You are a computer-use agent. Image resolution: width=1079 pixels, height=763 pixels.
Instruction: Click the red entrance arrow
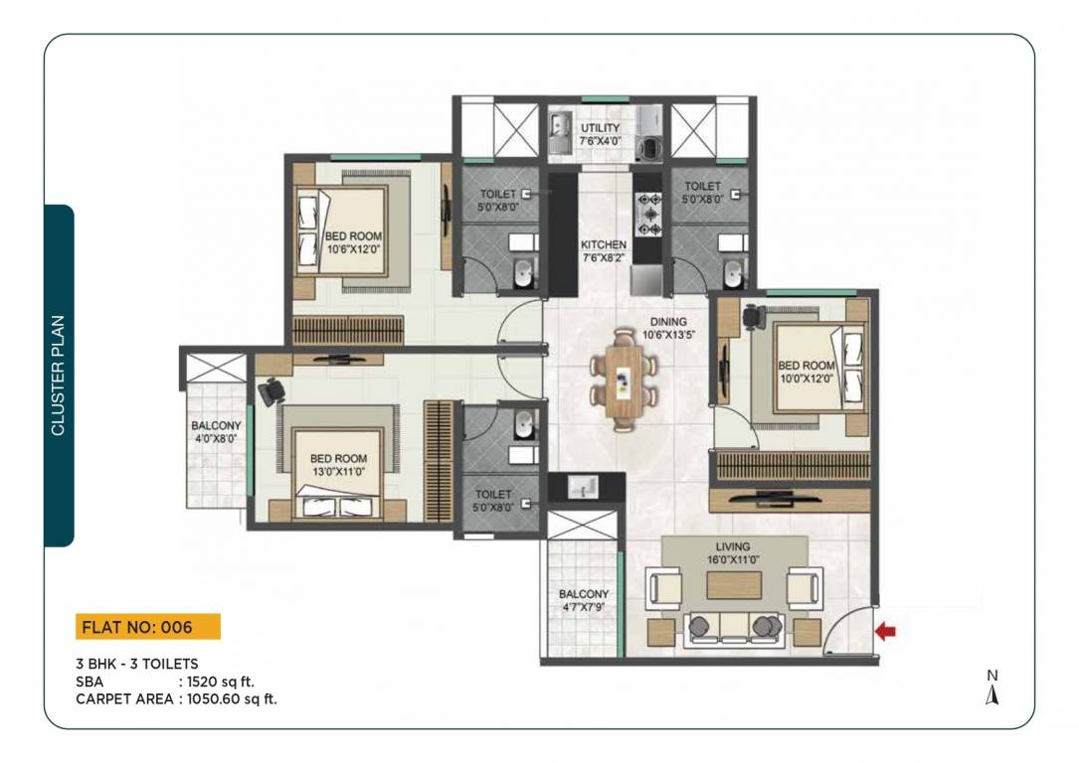coord(884,630)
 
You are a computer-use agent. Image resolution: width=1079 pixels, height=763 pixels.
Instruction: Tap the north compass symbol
coord(991,688)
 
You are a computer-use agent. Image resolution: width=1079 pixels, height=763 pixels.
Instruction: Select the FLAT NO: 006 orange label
coord(147,627)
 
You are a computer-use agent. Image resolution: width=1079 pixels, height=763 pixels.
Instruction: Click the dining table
coord(624,380)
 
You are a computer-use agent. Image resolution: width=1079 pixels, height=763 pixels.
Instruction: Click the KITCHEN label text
coord(604,244)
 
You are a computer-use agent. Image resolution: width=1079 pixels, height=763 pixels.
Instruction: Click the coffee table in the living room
coord(734,585)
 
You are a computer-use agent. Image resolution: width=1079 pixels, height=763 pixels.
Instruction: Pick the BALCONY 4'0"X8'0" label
coord(214,431)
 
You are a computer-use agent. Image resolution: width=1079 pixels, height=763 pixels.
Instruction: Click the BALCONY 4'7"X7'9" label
coord(584,600)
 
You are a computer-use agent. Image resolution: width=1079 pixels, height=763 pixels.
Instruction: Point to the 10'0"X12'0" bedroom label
coord(806,372)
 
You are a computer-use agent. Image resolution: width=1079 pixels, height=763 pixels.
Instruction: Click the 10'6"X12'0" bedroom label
coord(352,242)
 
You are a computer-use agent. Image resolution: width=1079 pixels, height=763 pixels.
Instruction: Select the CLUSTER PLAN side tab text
coord(59,375)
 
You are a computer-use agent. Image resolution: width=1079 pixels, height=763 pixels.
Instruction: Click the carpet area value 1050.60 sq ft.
coord(228,698)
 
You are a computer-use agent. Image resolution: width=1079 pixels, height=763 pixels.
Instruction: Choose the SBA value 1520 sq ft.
coord(227,682)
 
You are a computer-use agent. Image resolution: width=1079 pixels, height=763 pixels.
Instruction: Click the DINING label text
coord(667,322)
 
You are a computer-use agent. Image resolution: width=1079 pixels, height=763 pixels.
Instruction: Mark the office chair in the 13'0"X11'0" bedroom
coord(270,391)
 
